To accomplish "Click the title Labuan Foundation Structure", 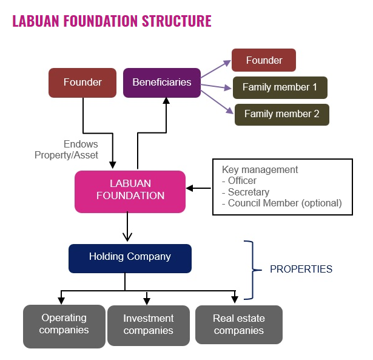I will point(112,21).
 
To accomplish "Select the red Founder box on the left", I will point(82,83).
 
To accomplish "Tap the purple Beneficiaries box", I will point(161,83).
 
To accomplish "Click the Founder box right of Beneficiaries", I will point(264,61).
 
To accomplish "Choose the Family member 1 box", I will point(280,87).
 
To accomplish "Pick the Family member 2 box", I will point(281,114).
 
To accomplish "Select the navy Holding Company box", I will point(130,257).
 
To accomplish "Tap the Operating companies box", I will point(64,325).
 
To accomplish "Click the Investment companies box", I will point(148,325).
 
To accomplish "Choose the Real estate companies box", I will point(238,325).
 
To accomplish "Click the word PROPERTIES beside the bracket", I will point(301,269).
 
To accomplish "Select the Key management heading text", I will point(260,170).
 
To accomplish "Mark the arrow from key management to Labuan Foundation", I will point(199,188).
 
